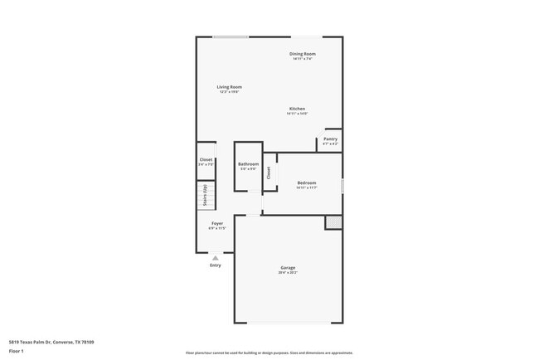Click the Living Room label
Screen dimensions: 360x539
(230, 87)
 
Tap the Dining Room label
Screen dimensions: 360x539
(302, 54)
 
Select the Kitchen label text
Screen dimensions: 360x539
(297, 109)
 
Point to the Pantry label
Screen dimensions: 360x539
(330, 139)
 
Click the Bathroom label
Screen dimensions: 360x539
(249, 164)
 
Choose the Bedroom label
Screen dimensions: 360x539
(307, 182)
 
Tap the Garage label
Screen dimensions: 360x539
(288, 268)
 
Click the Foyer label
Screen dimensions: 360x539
(216, 223)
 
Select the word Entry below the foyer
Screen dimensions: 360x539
(216, 265)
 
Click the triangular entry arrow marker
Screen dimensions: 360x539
(216, 258)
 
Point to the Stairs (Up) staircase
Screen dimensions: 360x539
(205, 197)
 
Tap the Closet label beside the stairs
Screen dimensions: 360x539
(206, 159)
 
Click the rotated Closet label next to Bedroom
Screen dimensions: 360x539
(269, 173)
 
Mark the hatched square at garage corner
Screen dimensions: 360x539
(333, 222)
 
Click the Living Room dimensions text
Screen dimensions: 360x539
(230, 92)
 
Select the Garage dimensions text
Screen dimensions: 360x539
(288, 273)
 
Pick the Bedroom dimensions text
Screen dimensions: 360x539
(307, 187)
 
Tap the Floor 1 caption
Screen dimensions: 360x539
(17, 351)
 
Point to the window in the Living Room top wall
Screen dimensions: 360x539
(231, 36)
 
